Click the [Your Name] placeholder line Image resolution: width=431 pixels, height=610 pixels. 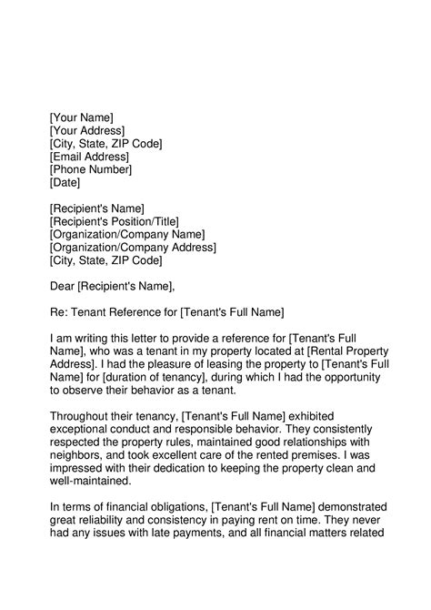[81, 117]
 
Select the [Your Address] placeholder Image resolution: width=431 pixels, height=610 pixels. [89, 130]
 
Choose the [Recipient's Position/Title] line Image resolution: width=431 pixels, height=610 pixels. [114, 221]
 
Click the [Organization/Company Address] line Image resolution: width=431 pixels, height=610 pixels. [133, 248]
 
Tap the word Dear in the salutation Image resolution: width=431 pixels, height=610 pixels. [63, 287]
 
